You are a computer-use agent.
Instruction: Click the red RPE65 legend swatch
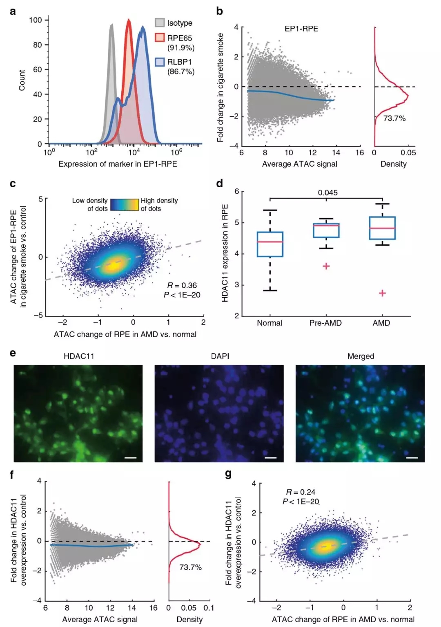tap(160, 38)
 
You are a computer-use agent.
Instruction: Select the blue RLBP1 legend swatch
tap(160, 62)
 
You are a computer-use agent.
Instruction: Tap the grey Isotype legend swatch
tap(160, 23)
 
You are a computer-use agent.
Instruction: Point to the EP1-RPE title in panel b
tap(301, 29)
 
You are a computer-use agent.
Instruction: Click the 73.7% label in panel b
tap(394, 119)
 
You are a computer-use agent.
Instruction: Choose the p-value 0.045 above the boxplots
tap(328, 193)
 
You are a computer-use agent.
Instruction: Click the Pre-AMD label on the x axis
tap(325, 323)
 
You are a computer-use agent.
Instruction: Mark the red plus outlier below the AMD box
tap(382, 293)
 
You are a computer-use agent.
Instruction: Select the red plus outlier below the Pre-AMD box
tap(326, 266)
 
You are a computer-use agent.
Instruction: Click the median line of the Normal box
tap(270, 242)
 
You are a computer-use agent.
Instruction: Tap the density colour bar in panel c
tap(125, 204)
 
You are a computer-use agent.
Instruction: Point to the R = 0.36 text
tap(182, 285)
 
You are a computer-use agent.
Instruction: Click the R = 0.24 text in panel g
tap(301, 492)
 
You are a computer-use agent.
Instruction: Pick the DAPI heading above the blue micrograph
tap(220, 356)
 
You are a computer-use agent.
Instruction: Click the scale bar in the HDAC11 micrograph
tap(130, 458)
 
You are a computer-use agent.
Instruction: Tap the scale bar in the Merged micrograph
tap(412, 458)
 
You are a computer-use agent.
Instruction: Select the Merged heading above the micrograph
tap(361, 356)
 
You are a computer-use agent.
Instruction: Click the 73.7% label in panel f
tap(190, 567)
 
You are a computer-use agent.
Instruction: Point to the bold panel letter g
tap(228, 474)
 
